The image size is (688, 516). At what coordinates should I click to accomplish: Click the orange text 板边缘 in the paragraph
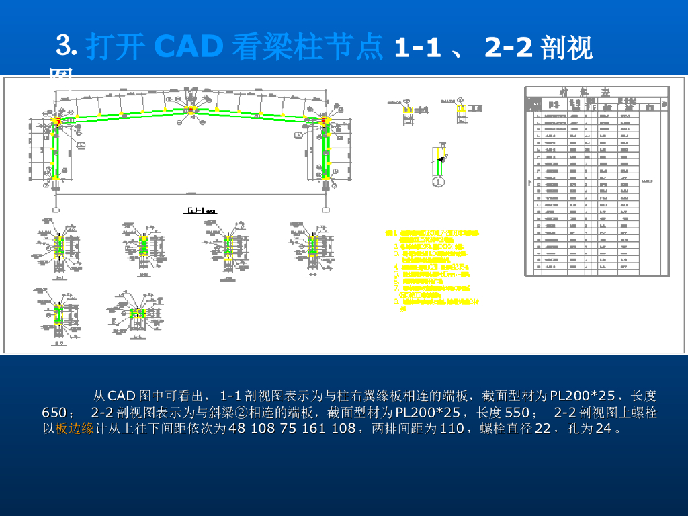pyautogui.click(x=75, y=428)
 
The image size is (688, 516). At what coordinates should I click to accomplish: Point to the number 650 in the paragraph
pyautogui.click(x=64, y=412)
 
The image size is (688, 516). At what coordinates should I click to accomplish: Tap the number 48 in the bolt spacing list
pyautogui.click(x=238, y=428)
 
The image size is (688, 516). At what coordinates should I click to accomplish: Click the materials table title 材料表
pyautogui.click(x=594, y=92)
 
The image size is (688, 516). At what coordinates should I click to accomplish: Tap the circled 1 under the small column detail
pyautogui.click(x=439, y=181)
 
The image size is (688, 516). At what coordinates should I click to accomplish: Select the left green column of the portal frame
pyautogui.click(x=57, y=152)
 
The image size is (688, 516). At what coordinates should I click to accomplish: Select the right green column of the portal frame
pyautogui.click(x=325, y=152)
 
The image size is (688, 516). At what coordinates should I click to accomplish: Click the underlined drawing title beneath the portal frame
pyautogui.click(x=200, y=211)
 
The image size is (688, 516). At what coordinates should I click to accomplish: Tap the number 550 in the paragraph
pyautogui.click(x=517, y=412)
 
